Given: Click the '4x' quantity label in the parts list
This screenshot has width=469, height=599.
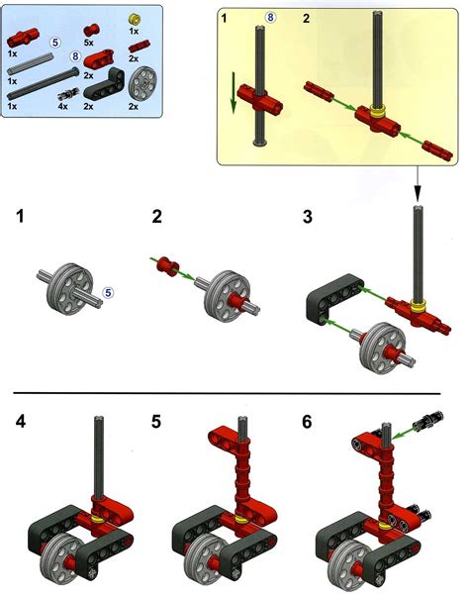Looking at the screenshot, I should (x=64, y=104).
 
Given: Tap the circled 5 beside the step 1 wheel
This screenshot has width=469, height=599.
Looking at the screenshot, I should (x=109, y=293).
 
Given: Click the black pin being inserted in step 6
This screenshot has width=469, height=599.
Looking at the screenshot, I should (x=435, y=421).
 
